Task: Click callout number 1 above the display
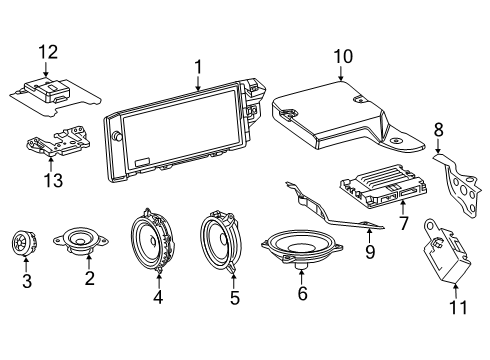pyautogui.click(x=198, y=67)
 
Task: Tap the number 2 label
pyautogui.click(x=89, y=278)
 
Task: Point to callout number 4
pyautogui.click(x=157, y=296)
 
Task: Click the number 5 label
pyautogui.click(x=234, y=296)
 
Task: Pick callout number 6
pyautogui.click(x=300, y=294)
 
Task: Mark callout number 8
pyautogui.click(x=437, y=128)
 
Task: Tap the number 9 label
pyautogui.click(x=369, y=253)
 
